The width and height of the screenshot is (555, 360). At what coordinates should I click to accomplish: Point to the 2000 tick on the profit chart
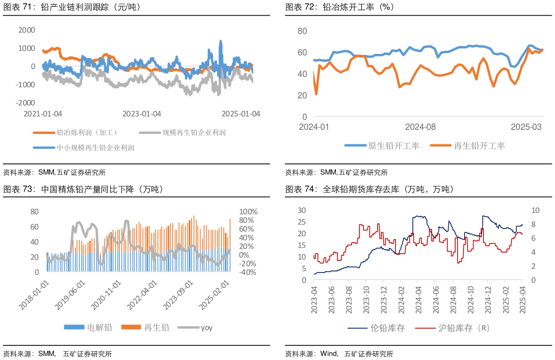click(x=27, y=30)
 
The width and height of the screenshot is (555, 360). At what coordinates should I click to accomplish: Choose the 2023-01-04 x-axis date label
click(x=142, y=114)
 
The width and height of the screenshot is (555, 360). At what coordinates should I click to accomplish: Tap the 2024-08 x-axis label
click(x=421, y=127)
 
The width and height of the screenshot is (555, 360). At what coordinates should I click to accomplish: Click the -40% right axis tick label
click(x=248, y=273)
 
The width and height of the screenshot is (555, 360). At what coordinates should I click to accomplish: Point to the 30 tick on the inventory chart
click(x=301, y=210)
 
